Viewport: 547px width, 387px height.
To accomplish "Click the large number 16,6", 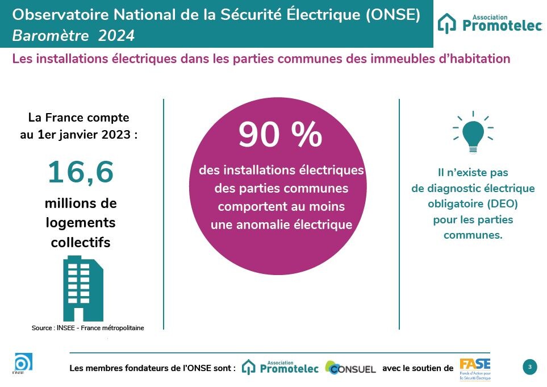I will pyautogui.click(x=81, y=173).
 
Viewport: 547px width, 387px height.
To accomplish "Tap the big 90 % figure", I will pyautogui.click(x=280, y=135).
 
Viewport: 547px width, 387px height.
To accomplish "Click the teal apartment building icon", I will pyautogui.click(x=82, y=288).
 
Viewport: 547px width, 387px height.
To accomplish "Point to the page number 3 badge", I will pyautogui.click(x=529, y=367).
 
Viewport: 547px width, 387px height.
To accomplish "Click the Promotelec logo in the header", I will pyautogui.click(x=490, y=24).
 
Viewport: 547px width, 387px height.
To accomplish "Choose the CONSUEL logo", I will pyautogui.click(x=350, y=368).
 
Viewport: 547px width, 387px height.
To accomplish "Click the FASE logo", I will pyautogui.click(x=475, y=368).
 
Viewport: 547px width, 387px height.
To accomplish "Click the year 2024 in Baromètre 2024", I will pyautogui.click(x=116, y=36).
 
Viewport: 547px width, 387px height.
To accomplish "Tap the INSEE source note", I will pyautogui.click(x=88, y=328).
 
